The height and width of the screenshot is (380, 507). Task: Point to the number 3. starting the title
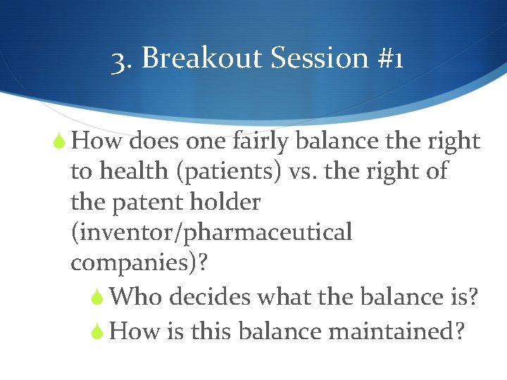click(x=123, y=60)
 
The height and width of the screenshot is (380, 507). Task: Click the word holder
click(x=225, y=203)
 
